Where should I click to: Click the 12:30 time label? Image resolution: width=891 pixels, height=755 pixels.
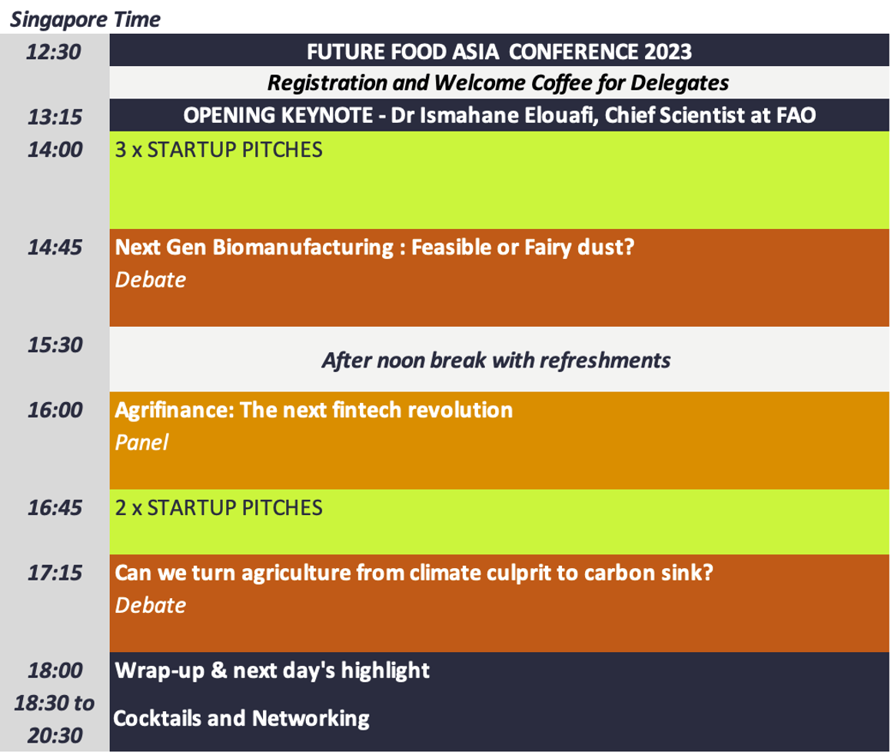point(54,52)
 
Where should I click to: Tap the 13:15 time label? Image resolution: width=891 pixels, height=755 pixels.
point(55,117)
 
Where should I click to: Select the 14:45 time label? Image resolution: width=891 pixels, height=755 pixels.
point(55,247)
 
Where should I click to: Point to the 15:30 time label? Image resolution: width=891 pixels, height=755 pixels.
point(55,345)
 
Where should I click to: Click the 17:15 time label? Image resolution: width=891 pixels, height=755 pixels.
point(55,573)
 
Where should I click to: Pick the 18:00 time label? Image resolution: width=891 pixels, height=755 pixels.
point(55,670)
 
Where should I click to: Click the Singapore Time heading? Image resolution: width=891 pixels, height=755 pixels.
point(85,20)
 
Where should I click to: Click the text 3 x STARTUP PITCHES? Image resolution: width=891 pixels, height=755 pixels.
point(219,150)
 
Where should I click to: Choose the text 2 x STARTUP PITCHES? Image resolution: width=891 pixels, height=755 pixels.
point(219,508)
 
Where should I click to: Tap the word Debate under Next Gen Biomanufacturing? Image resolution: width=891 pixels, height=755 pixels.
point(151,280)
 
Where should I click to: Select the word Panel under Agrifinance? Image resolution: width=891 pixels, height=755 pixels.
point(141,443)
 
